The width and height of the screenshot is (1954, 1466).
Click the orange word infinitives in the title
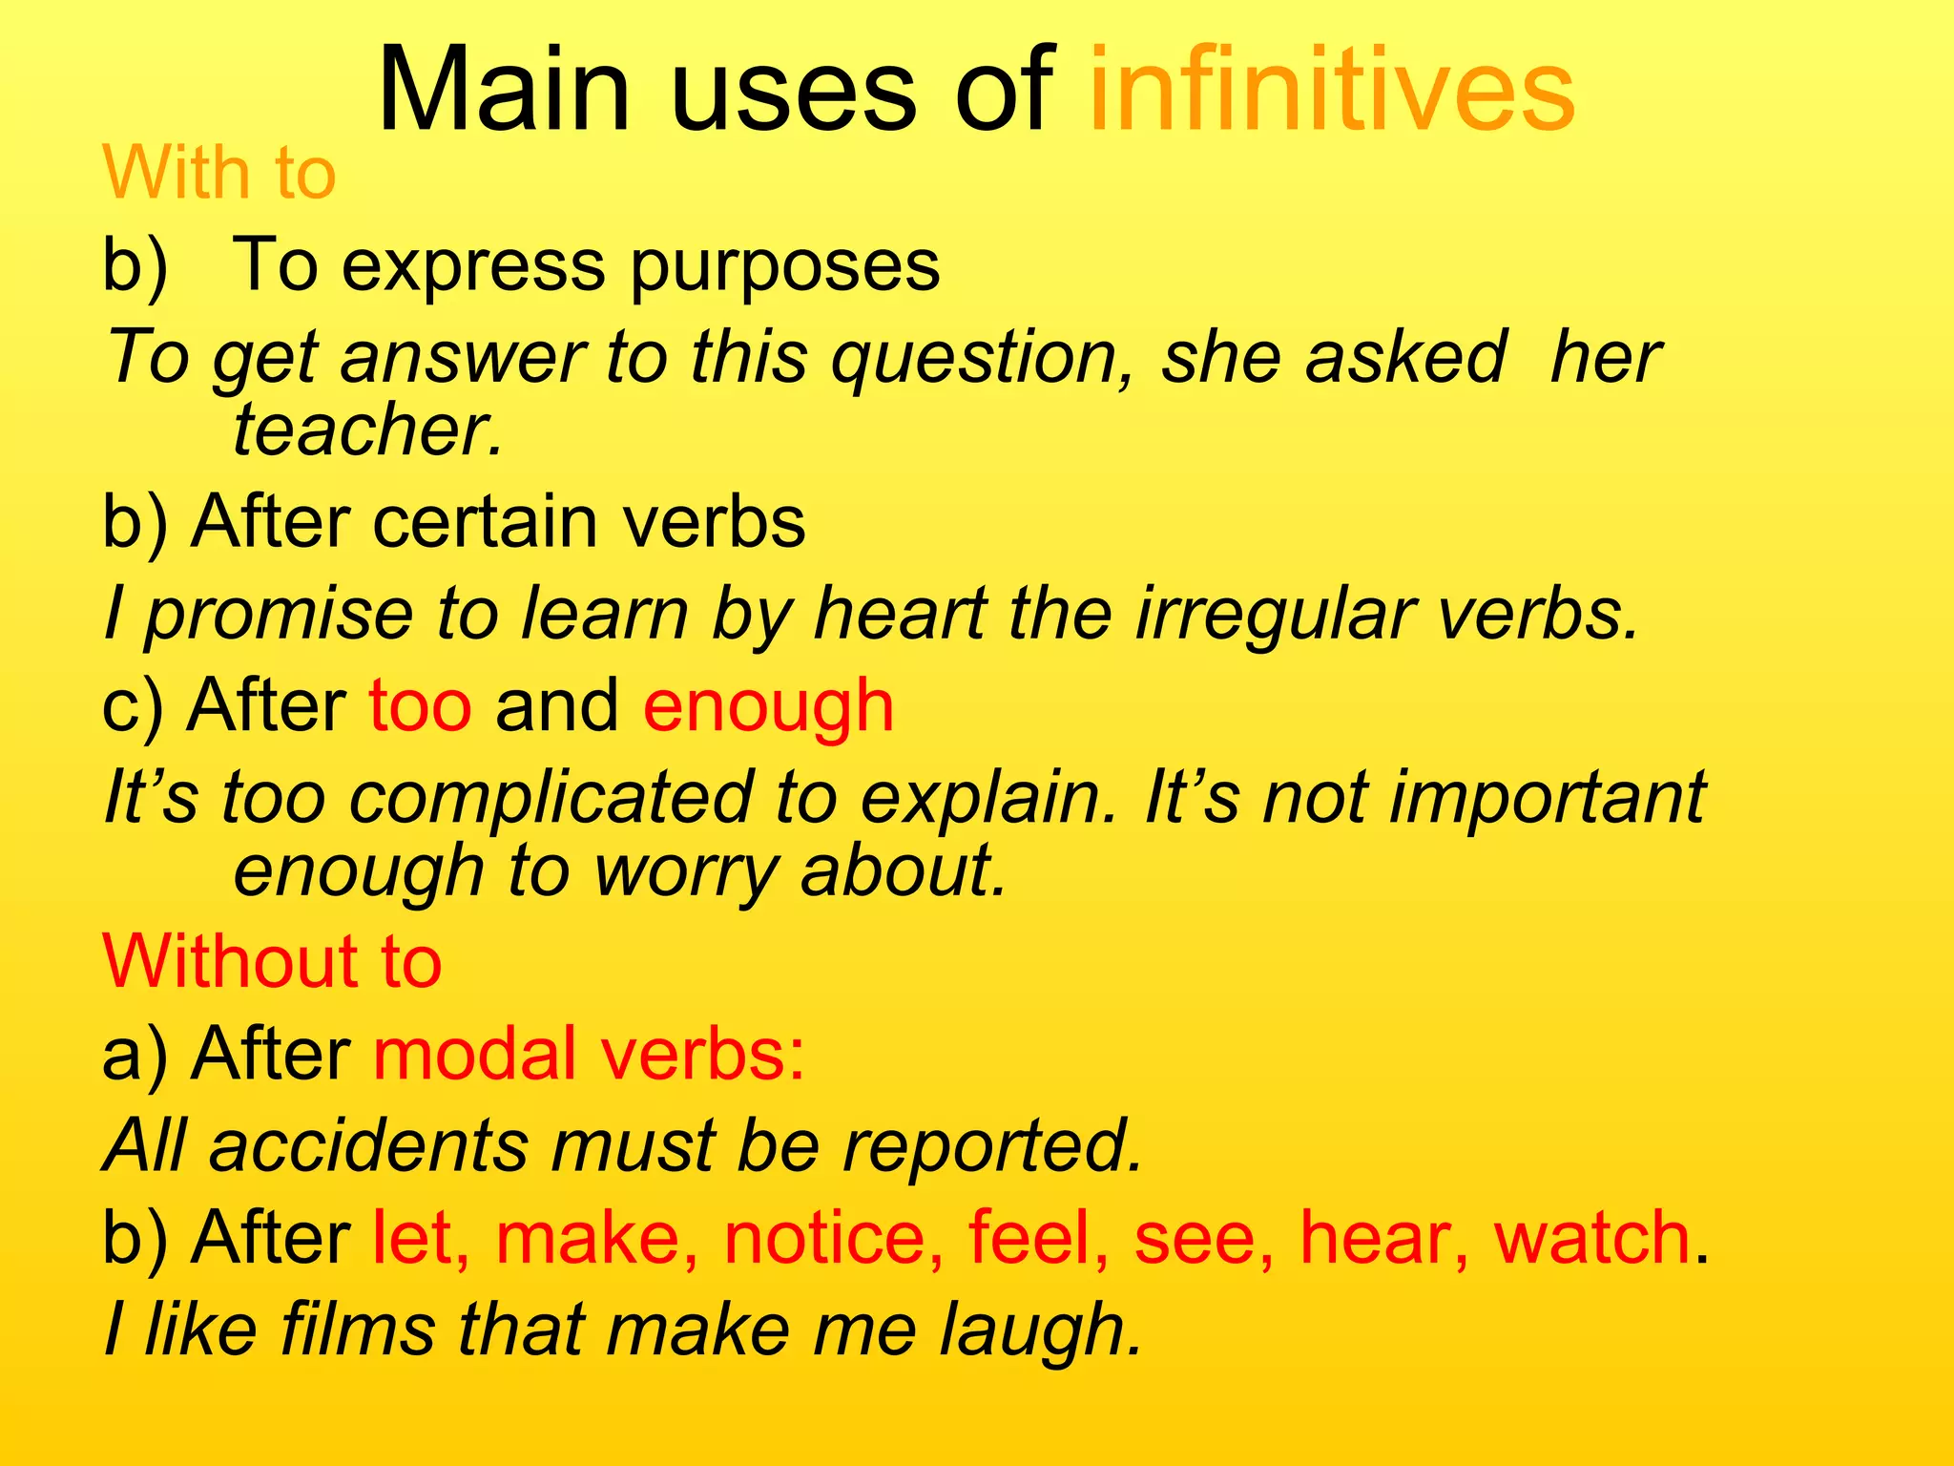coord(1331,91)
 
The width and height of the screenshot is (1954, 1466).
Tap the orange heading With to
coord(219,174)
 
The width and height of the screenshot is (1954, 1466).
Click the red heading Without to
coord(272,961)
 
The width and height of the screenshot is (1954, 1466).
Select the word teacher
coord(366,430)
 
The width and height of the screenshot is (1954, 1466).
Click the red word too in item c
coord(421,706)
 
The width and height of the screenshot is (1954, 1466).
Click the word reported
coord(991,1145)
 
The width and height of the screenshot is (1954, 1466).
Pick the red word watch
coord(1592,1238)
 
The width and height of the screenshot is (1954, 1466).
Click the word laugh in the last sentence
coord(1039,1330)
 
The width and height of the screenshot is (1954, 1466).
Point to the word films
coord(358,1330)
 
